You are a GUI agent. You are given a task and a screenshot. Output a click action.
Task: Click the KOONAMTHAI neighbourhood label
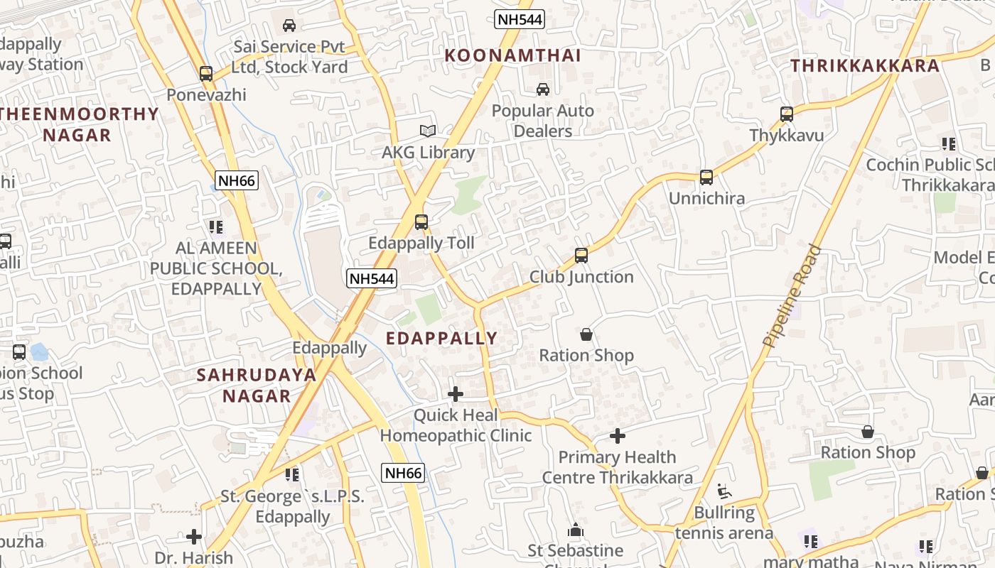point(512,55)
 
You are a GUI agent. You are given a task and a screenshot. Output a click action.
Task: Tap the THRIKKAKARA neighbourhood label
point(865,66)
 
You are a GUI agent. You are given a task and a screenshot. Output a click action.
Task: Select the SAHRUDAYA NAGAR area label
point(257,386)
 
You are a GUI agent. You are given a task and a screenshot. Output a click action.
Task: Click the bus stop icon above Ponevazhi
point(206,73)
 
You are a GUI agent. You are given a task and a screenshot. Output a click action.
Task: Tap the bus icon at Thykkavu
point(786,114)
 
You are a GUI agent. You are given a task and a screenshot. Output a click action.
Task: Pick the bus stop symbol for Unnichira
point(706,177)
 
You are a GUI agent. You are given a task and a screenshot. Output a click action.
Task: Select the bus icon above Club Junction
point(581,256)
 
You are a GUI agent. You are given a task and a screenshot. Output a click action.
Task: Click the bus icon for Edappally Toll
point(421,222)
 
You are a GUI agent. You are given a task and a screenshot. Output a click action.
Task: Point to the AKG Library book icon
point(428,131)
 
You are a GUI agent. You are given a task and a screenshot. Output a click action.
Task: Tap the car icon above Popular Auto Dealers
point(543,89)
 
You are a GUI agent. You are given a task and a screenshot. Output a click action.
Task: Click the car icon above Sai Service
point(289,26)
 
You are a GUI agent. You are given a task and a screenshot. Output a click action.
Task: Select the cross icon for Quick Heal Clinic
point(456,393)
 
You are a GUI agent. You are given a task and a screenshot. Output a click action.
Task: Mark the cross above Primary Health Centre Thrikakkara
point(618,435)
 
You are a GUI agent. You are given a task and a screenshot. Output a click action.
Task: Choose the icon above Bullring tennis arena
point(724,491)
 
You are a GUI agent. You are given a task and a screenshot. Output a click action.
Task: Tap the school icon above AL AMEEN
point(215,227)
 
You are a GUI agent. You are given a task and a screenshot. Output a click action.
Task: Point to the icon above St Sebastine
point(576,530)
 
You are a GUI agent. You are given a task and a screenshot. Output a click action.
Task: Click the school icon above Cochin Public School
point(948,144)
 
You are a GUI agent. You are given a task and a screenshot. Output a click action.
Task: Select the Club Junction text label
point(581,277)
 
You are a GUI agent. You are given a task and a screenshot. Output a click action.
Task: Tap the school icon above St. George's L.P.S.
point(291,474)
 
